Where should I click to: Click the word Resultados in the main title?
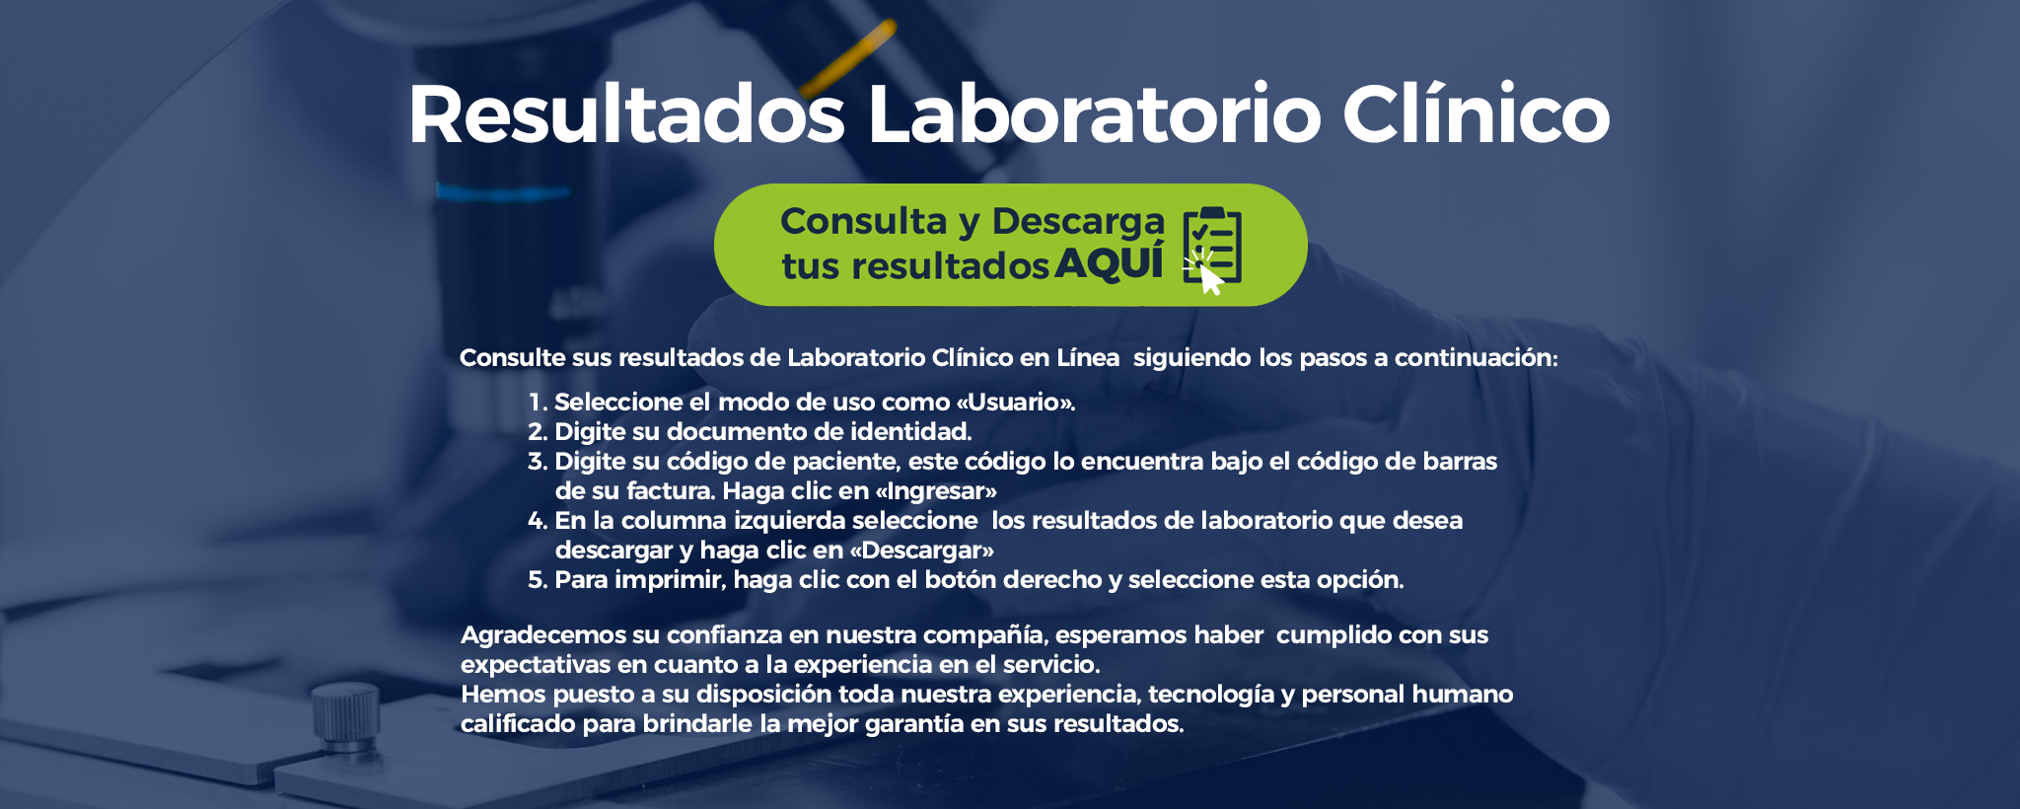click(x=626, y=115)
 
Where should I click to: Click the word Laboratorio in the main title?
click(x=1093, y=115)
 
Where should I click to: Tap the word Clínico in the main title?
click(x=1476, y=115)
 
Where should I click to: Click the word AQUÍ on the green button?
click(x=1110, y=263)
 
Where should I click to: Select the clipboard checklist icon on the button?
click(x=1214, y=242)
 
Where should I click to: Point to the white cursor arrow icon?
click(x=1210, y=279)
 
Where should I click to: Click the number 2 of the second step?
click(x=537, y=432)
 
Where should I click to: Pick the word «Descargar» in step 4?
click(x=921, y=551)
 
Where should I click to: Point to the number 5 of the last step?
click(x=537, y=580)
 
